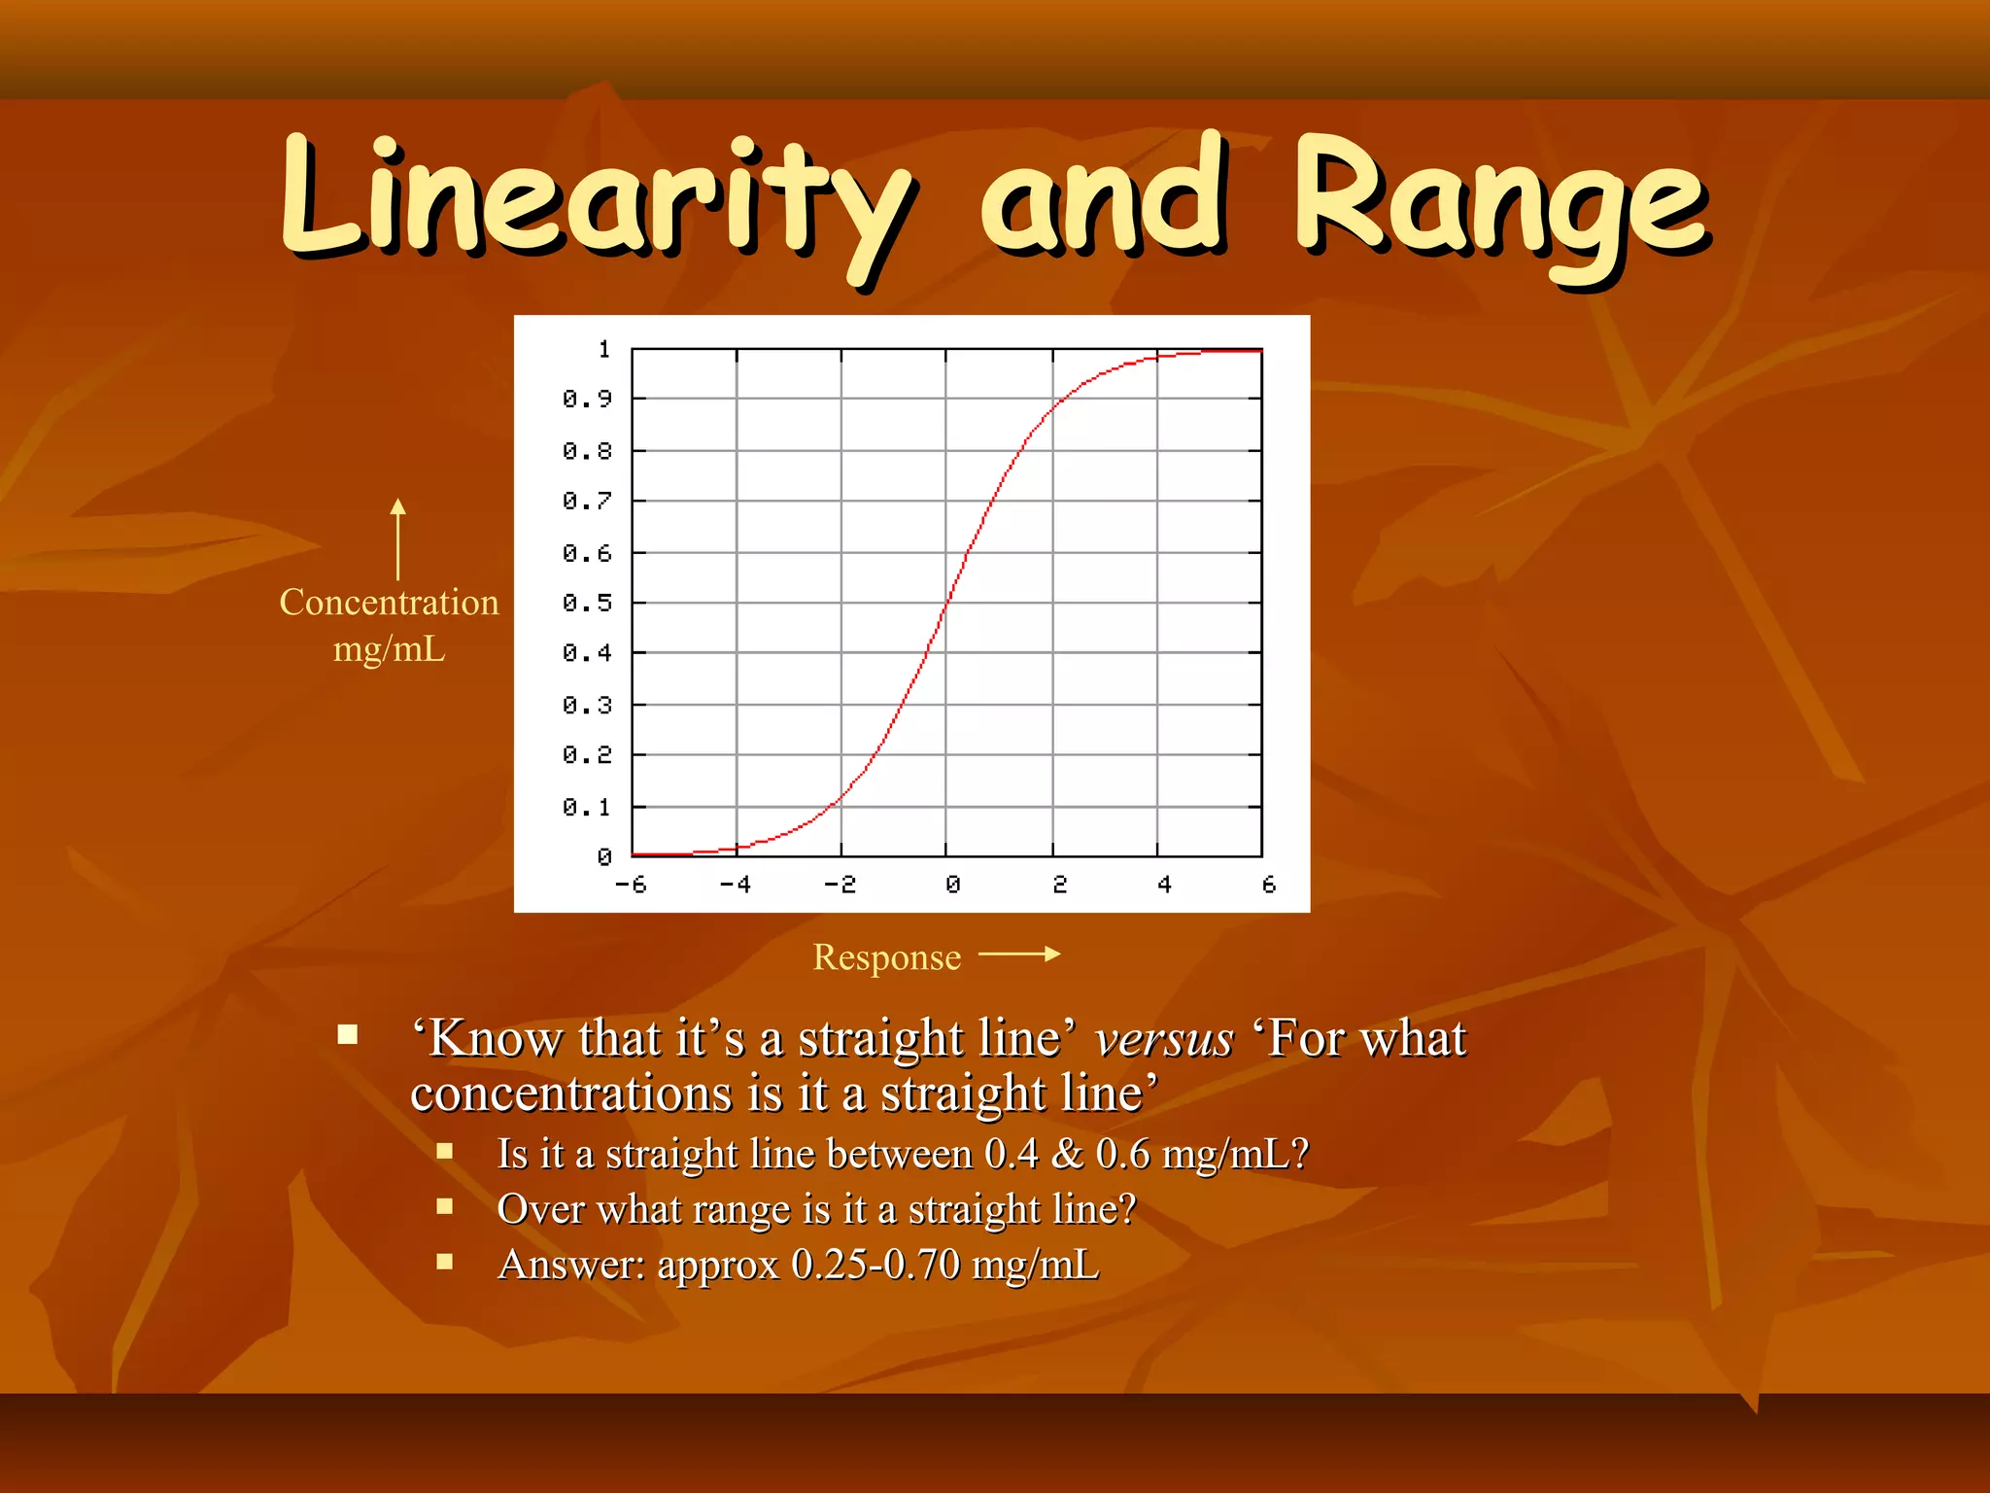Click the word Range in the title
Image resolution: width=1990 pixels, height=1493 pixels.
(1500, 199)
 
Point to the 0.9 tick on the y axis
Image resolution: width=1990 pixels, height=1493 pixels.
(587, 399)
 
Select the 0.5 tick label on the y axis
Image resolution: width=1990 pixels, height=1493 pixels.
(587, 603)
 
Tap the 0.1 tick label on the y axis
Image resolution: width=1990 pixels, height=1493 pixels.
(587, 807)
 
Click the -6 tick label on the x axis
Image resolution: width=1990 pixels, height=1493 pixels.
(631, 885)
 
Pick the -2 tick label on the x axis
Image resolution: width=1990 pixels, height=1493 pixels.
(840, 885)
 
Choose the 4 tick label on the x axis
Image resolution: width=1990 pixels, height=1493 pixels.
(1164, 885)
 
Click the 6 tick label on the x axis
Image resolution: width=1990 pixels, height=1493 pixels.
(1268, 885)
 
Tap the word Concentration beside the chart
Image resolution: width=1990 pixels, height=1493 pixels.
(389, 603)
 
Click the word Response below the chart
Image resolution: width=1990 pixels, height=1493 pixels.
(886, 957)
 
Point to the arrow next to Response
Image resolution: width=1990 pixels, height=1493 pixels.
(1019, 955)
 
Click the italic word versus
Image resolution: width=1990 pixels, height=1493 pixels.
(1163, 1038)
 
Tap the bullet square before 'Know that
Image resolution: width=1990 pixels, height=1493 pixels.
(348, 1034)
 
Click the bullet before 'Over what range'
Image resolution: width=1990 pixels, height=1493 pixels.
(445, 1206)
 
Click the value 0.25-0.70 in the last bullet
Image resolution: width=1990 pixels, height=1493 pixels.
(875, 1265)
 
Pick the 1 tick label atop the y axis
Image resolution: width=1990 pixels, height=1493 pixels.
(604, 349)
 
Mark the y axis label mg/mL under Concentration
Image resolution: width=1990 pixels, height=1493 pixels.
(389, 648)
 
